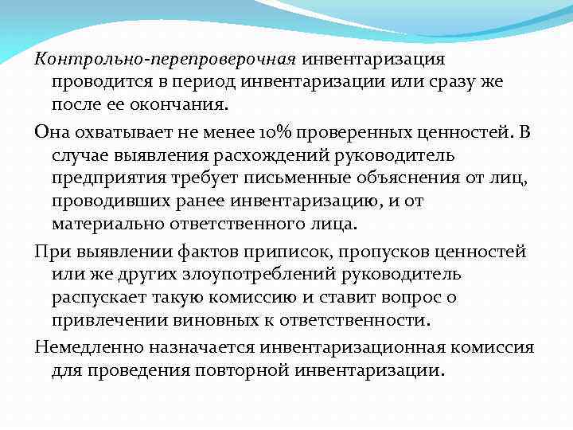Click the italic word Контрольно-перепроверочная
coord(165,58)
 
